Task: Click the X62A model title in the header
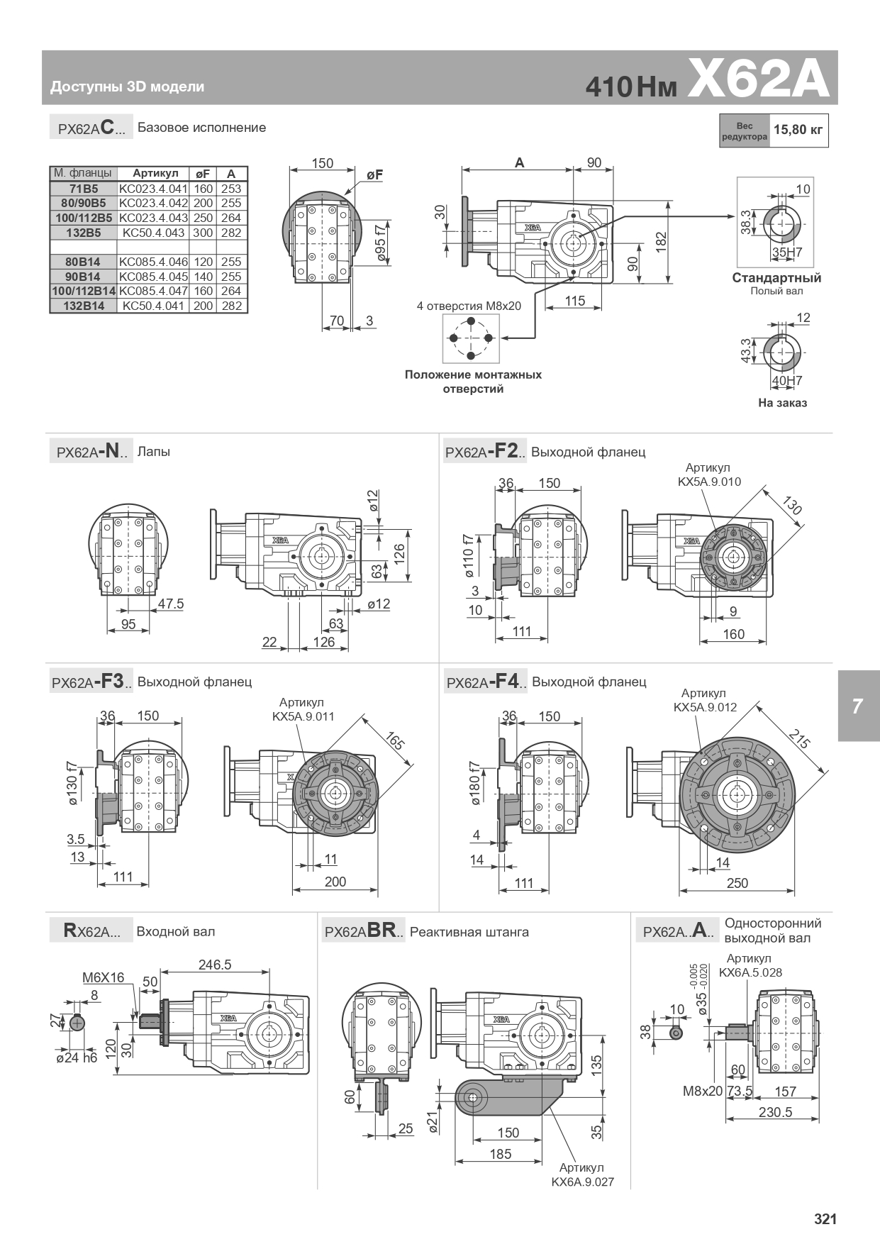758,79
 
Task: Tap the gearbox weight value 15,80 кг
798,130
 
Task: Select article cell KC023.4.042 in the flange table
153,204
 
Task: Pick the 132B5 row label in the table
82,233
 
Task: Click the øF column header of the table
203,174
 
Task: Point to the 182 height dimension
661,241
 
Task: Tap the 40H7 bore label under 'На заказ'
786,381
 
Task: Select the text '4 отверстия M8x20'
469,306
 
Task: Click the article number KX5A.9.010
708,482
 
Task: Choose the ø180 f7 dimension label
474,784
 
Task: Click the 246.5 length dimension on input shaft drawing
214,965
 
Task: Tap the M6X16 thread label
103,977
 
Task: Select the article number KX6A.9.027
582,1182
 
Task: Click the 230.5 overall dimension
775,1112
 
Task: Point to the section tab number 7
857,706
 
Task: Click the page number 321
825,1219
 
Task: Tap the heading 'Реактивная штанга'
469,932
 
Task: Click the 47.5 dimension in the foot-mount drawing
170,604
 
